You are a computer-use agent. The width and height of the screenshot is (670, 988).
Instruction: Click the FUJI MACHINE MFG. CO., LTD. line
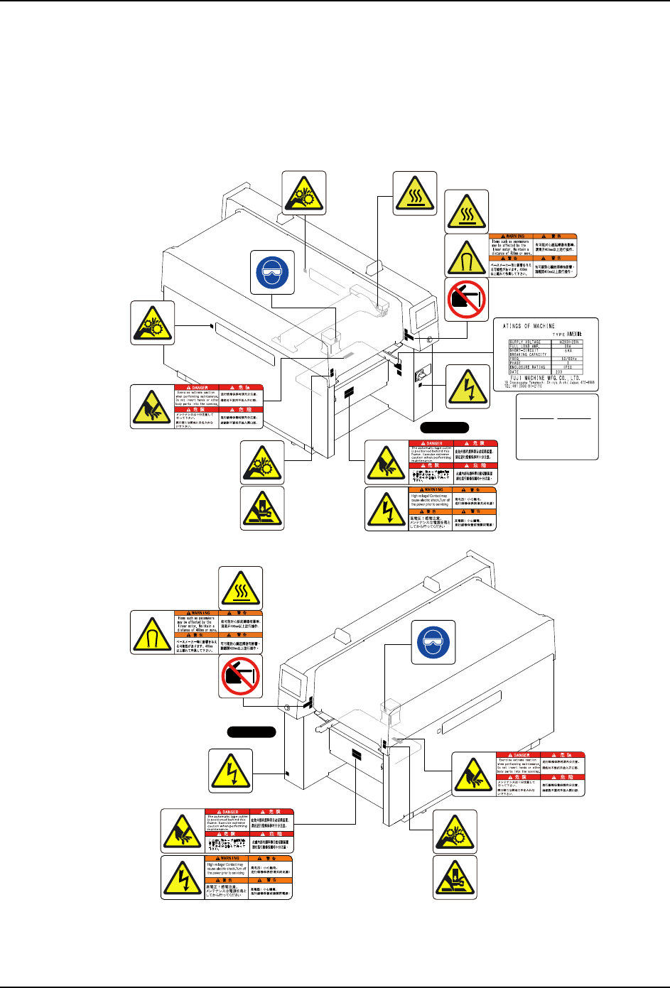coord(545,378)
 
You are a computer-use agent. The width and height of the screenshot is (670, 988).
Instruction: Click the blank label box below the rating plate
coord(556,428)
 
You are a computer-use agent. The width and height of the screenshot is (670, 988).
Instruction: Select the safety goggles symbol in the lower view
coord(434,643)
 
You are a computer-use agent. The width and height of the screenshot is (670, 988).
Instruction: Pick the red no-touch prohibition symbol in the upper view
coord(467,299)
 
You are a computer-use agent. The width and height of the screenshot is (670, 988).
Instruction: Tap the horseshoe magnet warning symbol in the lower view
coord(153,632)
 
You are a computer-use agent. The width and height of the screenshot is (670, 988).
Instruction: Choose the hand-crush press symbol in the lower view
coord(455,878)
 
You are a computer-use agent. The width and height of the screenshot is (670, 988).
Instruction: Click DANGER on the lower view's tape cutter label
coord(230,811)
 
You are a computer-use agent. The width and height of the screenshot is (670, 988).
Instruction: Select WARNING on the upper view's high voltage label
coord(433,489)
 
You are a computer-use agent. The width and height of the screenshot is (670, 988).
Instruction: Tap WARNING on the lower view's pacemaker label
coord(200,612)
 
